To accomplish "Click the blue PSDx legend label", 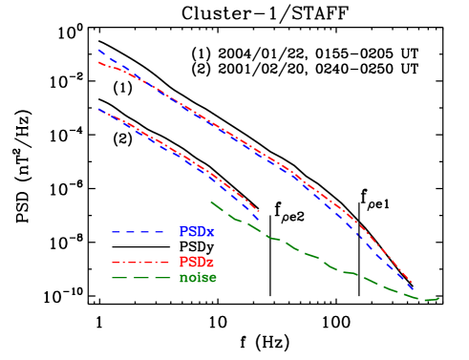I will [x=197, y=232].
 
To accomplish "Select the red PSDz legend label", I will [x=196, y=262].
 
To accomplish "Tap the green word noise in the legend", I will [x=198, y=278].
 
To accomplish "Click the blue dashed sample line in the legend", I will [x=139, y=232].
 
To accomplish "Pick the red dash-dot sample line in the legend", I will [x=139, y=262].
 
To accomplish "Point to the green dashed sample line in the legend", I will [x=139, y=278].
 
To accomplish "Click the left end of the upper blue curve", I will [x=97, y=50].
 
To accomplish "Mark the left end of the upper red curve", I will [x=97, y=63].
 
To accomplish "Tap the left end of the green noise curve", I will [x=210, y=201].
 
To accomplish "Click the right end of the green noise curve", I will [x=438, y=299].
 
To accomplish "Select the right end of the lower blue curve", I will [x=259, y=221].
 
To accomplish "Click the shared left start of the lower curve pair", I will [x=97, y=109].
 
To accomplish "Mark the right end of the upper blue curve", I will [x=412, y=287].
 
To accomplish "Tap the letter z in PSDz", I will [x=210, y=263].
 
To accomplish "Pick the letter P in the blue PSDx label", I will [x=183, y=232].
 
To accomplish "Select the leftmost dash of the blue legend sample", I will [x=117, y=232].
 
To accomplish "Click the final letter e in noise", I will [x=212, y=279].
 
